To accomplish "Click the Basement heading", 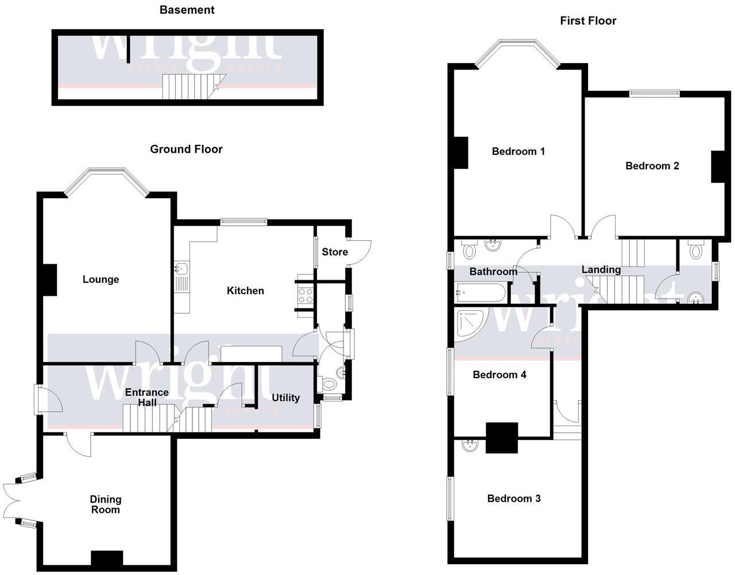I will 187,10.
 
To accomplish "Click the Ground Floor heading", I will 186,149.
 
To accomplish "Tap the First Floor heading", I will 588,21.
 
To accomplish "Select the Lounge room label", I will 101,280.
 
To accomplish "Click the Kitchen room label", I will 245,291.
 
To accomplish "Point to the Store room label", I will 335,252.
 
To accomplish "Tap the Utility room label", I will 285,398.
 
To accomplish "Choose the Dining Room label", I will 106,504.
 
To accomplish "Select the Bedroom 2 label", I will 652,166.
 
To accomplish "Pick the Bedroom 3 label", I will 514,499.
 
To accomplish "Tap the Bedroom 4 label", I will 500,375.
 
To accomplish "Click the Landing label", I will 601,269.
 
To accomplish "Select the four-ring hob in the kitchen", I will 305,295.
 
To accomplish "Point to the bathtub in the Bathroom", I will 481,292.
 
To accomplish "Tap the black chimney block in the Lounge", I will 49,280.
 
